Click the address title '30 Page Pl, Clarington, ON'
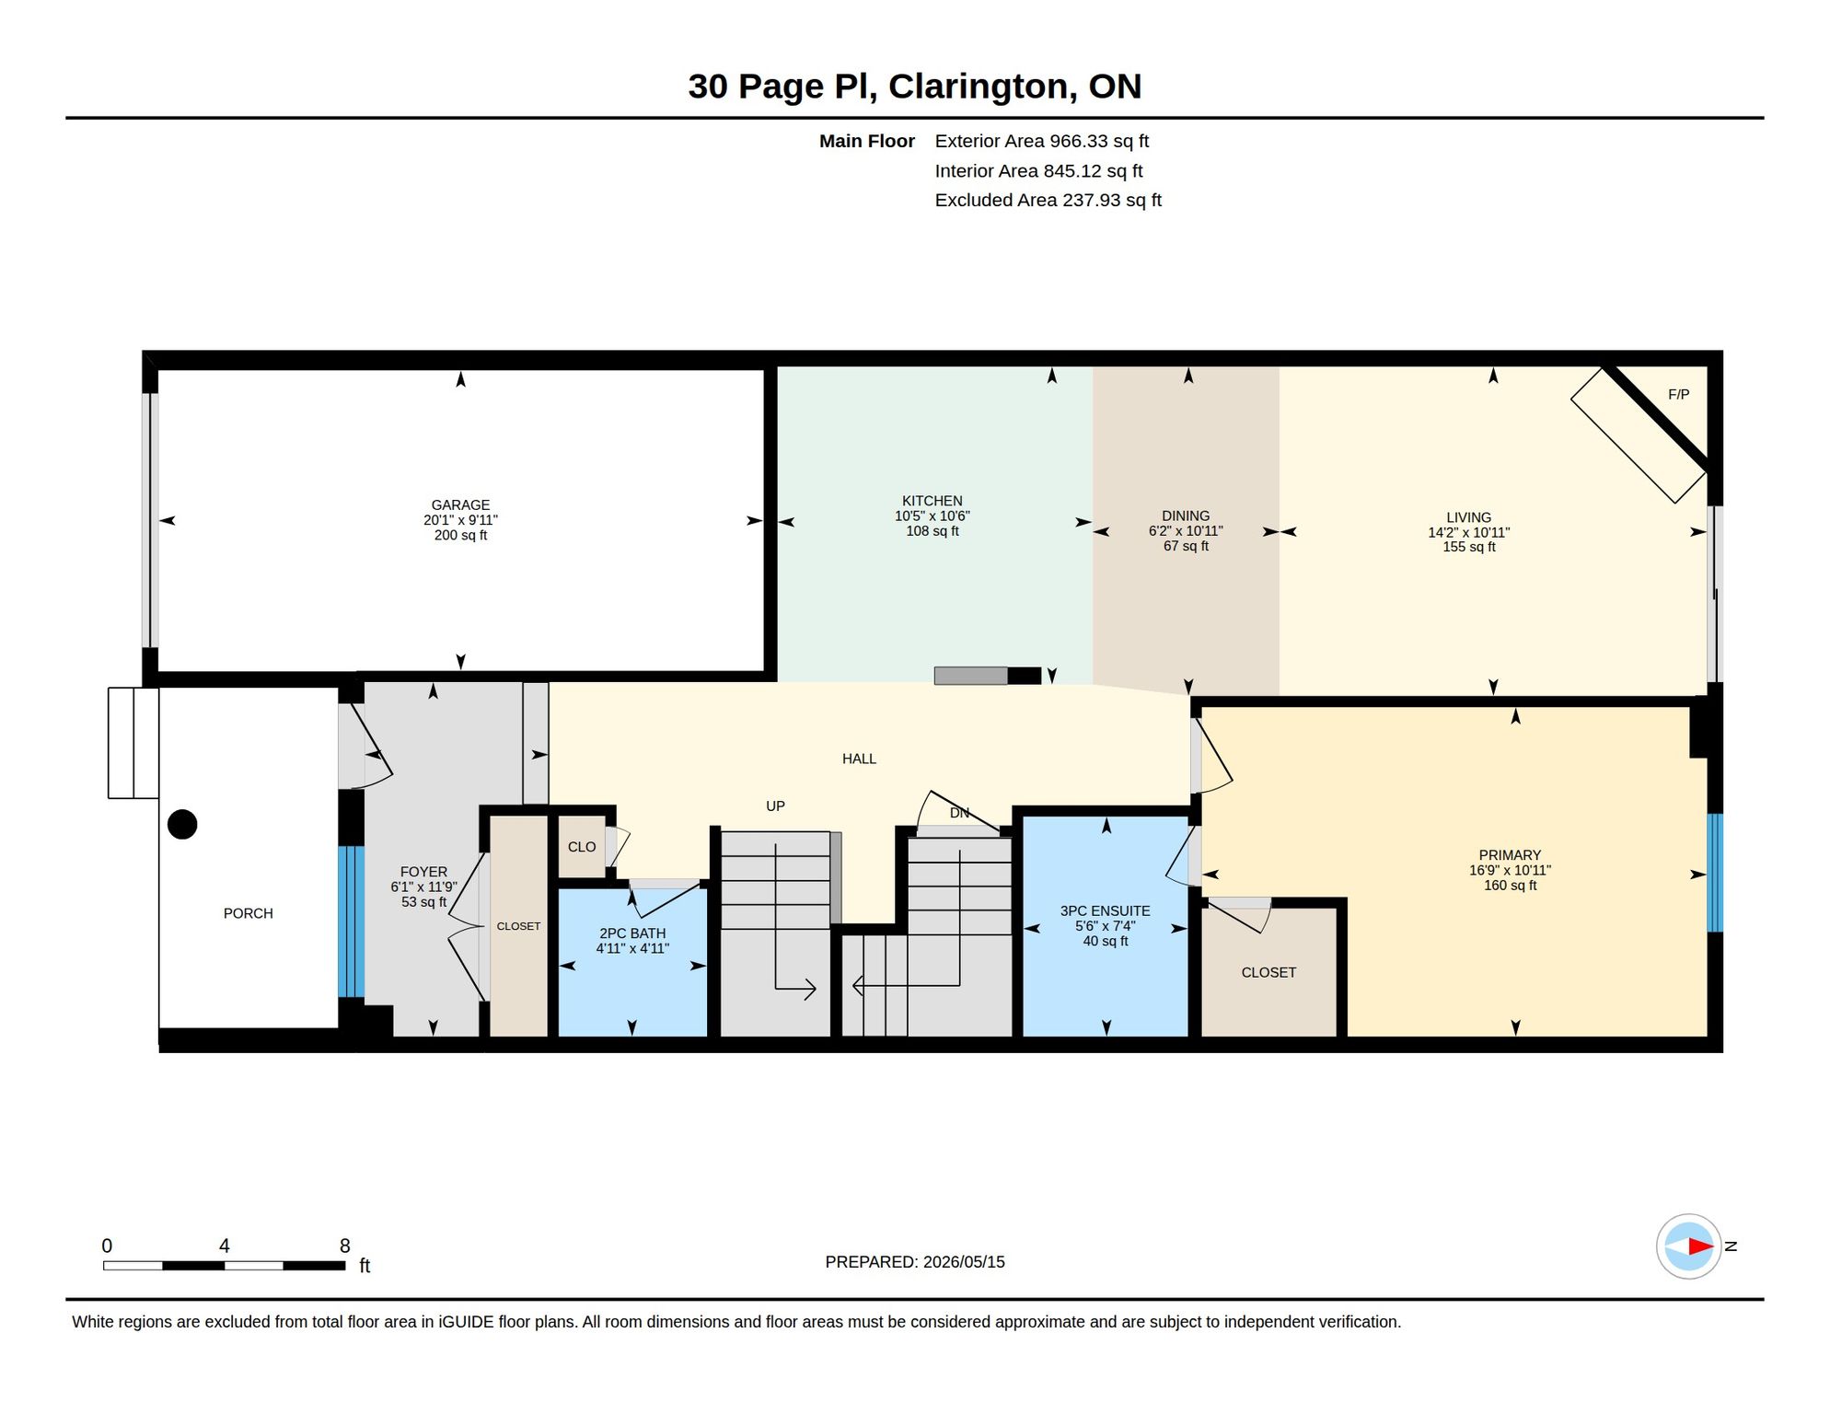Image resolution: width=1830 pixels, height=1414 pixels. coord(914,87)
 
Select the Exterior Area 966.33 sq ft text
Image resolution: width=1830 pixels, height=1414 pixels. coord(1041,141)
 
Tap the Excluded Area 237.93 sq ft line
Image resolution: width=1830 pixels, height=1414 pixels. coord(1048,200)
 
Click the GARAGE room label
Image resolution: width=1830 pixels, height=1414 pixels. coord(460,504)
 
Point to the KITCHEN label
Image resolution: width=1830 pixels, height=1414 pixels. coord(932,501)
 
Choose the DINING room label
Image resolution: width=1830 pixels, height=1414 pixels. coord(1185,516)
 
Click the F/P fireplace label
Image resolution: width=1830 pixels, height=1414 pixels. coord(1678,394)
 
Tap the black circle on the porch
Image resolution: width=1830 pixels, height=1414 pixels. coord(182,824)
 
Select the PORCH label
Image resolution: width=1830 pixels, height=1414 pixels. coord(248,913)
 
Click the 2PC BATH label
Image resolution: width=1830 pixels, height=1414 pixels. coord(632,933)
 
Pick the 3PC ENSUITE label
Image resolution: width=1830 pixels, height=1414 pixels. coord(1105,911)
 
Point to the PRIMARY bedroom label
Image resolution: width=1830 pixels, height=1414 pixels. coord(1510,855)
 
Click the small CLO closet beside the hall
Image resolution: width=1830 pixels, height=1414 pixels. coord(582,847)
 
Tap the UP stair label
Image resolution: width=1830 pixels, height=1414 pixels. coord(775,806)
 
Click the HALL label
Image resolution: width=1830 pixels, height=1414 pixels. coord(859,759)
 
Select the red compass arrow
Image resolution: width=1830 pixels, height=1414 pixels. coord(1700,1246)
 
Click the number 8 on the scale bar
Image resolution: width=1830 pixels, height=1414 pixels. coord(345,1246)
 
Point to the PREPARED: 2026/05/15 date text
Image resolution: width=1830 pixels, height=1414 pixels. coord(914,1262)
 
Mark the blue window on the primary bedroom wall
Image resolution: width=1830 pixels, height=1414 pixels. coord(1715,873)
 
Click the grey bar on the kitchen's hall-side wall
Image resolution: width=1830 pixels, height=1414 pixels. coord(971,676)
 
